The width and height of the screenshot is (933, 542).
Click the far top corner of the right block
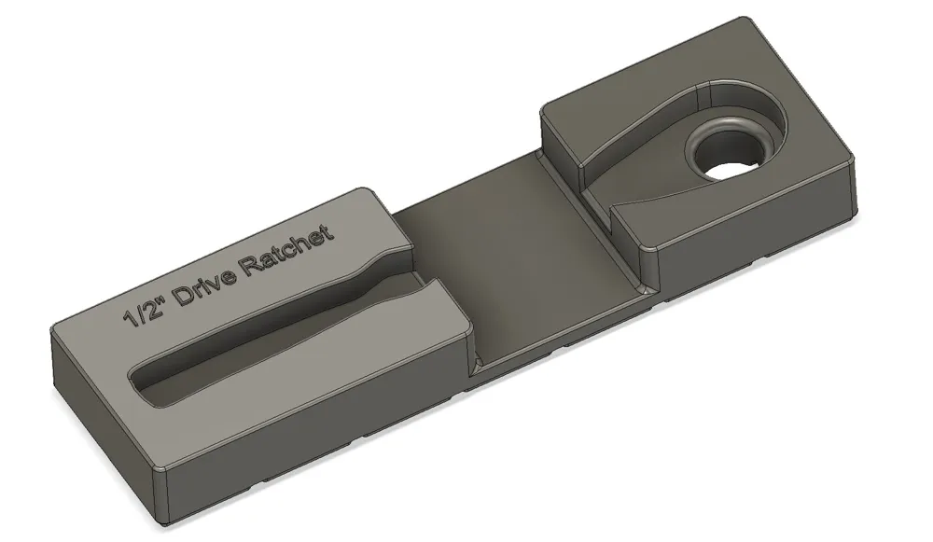(x=742, y=21)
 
